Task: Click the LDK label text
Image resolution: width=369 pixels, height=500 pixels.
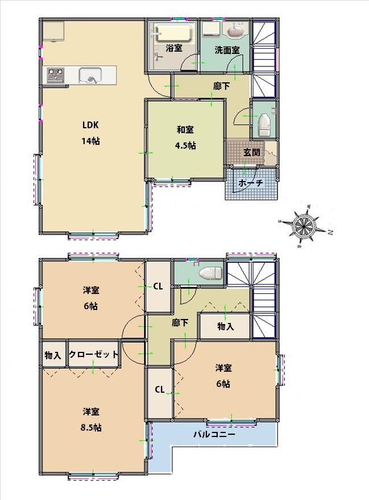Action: [91, 125]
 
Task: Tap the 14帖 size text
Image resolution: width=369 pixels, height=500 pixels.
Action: [91, 141]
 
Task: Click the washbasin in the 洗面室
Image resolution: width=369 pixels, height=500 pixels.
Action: [235, 31]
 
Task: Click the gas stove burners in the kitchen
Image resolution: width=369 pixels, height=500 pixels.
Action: [56, 74]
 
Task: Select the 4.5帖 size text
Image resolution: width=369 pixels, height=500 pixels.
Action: [185, 145]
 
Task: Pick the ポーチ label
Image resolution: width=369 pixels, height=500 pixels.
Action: [251, 183]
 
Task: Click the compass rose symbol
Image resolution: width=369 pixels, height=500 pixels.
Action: [304, 225]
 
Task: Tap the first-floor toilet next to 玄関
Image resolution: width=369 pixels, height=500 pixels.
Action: [264, 124]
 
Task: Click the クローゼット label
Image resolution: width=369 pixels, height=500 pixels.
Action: [94, 354]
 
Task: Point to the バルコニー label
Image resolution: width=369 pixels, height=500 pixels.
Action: [214, 434]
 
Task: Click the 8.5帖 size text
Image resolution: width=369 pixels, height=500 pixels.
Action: [91, 427]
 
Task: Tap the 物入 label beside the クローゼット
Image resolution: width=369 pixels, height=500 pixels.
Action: [53, 355]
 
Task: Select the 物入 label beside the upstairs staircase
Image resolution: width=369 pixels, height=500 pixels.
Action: [225, 326]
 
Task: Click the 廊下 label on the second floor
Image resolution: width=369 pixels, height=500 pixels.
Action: [180, 322]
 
